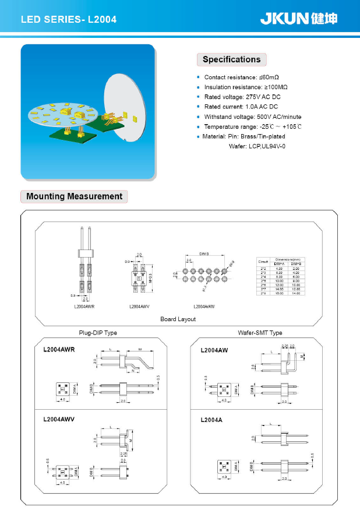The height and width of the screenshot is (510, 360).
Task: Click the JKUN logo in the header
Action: point(298,19)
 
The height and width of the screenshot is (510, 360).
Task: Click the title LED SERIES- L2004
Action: point(69,20)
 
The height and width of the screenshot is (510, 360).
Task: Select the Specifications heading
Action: point(231,59)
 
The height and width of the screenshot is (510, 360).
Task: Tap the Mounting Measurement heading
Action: point(74,196)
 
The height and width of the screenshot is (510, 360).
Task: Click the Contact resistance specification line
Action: point(241,78)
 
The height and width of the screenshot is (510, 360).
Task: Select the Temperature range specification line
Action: point(253,126)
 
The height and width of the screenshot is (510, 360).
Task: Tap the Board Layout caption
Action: point(178,319)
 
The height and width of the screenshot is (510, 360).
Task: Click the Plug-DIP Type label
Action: point(98,333)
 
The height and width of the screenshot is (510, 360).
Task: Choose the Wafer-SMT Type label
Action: point(260,333)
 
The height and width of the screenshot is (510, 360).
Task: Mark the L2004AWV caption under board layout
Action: point(140,306)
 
